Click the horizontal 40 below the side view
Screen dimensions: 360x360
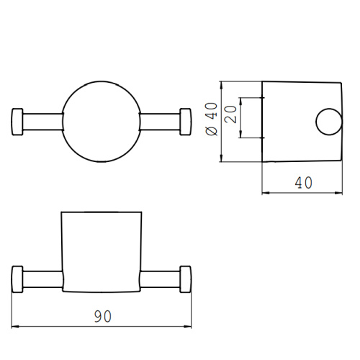pyautogui.click(x=303, y=183)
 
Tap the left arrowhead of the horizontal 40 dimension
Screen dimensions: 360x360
pyautogui.click(x=264, y=192)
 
